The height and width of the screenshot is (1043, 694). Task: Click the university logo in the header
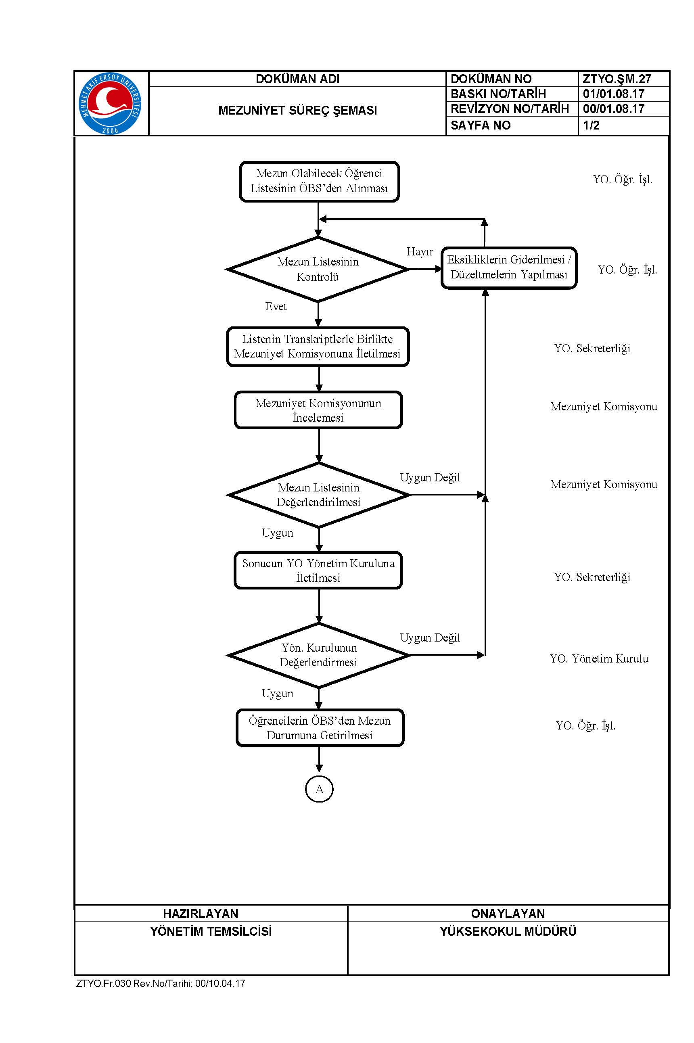pyautogui.click(x=110, y=104)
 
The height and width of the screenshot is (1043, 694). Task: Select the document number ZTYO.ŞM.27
pyautogui.click(x=617, y=79)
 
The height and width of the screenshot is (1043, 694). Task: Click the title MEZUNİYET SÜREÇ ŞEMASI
pyautogui.click(x=297, y=111)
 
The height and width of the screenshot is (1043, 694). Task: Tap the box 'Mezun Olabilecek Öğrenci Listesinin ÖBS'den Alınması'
pyautogui.click(x=319, y=182)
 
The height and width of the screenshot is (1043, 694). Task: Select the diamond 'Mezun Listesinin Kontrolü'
pyautogui.click(x=318, y=270)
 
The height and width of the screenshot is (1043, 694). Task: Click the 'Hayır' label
pyautogui.click(x=420, y=252)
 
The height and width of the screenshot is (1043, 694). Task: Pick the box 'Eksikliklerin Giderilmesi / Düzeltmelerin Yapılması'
pyautogui.click(x=509, y=268)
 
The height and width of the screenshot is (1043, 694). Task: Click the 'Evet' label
pyautogui.click(x=276, y=307)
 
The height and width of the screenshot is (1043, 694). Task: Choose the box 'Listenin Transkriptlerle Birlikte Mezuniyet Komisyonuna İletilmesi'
pyautogui.click(x=318, y=347)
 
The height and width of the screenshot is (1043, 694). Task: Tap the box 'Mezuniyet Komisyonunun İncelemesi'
pyautogui.click(x=318, y=410)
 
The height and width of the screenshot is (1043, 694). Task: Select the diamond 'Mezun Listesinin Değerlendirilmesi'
pyautogui.click(x=319, y=495)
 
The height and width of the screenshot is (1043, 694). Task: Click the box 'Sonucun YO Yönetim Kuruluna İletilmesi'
pyautogui.click(x=318, y=571)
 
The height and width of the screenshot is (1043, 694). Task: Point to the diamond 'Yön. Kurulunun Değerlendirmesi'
pyautogui.click(x=319, y=655)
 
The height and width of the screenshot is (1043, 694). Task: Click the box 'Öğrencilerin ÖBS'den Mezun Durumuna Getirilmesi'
pyautogui.click(x=320, y=728)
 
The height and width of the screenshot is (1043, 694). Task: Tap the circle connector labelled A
pyautogui.click(x=319, y=789)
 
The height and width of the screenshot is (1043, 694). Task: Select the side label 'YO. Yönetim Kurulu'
pyautogui.click(x=599, y=659)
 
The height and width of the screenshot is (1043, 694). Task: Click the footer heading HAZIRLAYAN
pyautogui.click(x=201, y=914)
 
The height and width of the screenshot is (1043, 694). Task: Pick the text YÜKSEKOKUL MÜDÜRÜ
pyautogui.click(x=508, y=932)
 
